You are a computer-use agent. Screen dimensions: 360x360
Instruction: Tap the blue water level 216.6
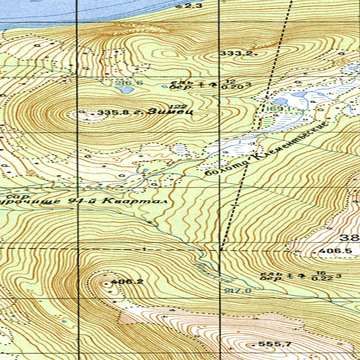pyautogui.click(x=124, y=83)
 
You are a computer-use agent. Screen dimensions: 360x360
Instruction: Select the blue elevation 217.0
pyautogui.click(x=238, y=291)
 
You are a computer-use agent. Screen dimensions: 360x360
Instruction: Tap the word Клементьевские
pyautogui.click(x=289, y=145)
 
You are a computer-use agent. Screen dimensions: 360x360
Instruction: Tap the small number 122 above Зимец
pyautogui.click(x=173, y=107)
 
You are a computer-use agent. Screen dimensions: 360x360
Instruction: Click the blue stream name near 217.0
pyautogui.click(x=214, y=273)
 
